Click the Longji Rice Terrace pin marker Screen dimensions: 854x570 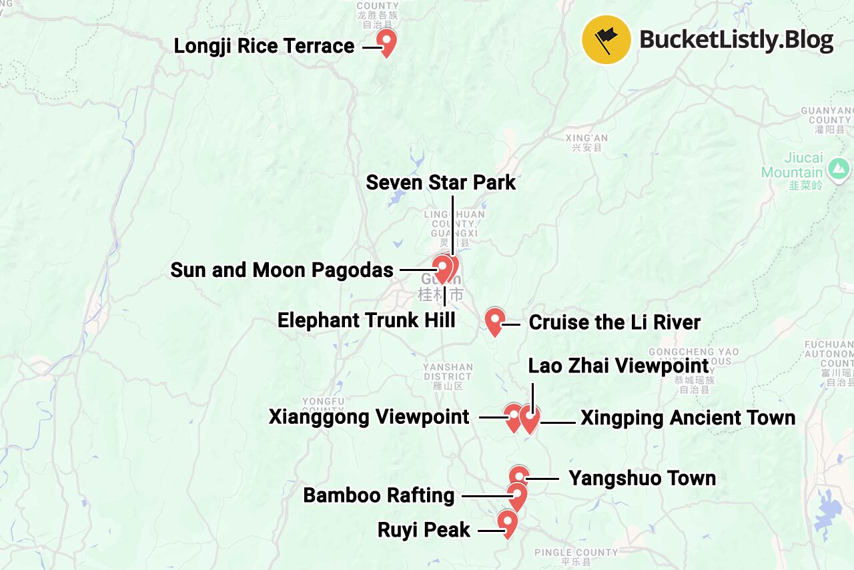pos(386,41)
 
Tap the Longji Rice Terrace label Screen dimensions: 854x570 pos(264,46)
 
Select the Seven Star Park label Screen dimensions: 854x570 pos(441,182)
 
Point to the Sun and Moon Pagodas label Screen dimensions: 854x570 pos(282,270)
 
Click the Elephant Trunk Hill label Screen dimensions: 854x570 pos(366,320)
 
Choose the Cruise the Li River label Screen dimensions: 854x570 pos(614,323)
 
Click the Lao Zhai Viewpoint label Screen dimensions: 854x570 pos(618,366)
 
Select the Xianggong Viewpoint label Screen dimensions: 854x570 pos(369,417)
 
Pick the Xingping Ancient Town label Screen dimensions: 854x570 pos(688,418)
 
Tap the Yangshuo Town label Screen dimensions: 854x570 pos(642,479)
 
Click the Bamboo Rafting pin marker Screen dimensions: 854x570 pos(516,495)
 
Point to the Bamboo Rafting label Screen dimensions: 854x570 pos(378,496)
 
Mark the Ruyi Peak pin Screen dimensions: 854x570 pos(508,522)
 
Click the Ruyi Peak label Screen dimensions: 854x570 pos(424,531)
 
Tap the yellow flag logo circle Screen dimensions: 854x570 pos(606,39)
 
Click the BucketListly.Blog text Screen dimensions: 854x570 pos(737,40)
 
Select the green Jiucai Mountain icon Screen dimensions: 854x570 pos(835,164)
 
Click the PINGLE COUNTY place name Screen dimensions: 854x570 pos(576,553)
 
